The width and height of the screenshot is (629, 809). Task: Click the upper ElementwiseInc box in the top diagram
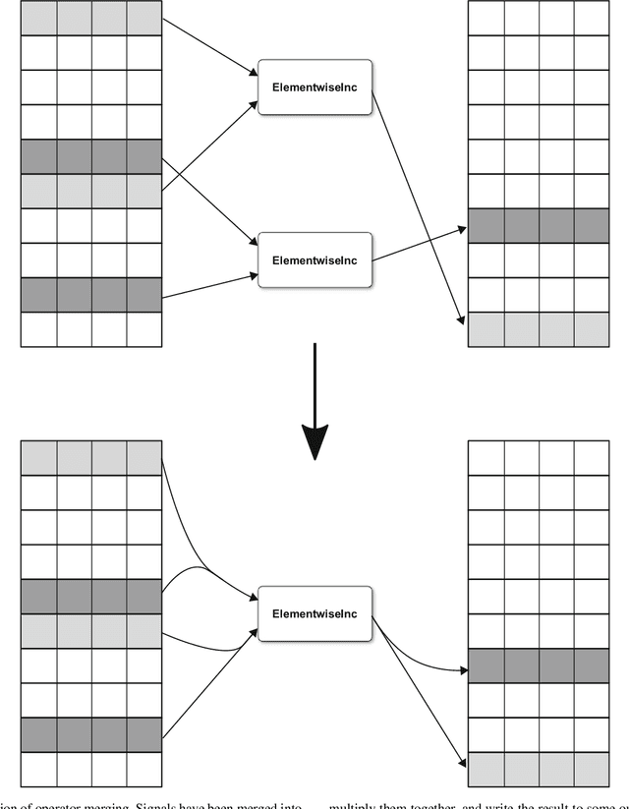point(314,87)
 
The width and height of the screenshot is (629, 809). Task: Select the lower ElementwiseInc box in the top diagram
point(314,260)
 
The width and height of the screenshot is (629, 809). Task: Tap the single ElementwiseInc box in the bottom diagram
point(314,614)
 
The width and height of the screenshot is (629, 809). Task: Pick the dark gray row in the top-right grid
point(538,225)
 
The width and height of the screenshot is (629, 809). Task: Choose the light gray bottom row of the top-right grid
point(538,330)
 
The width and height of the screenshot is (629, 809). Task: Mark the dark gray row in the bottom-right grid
point(538,666)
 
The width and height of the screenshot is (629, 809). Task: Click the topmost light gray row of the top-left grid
point(90,17)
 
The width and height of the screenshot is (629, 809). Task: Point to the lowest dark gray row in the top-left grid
point(90,294)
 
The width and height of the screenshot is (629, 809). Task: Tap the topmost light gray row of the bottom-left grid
point(90,457)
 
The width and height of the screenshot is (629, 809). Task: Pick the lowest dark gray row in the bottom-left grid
point(90,735)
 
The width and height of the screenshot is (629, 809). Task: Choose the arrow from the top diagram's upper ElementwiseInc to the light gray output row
point(418,206)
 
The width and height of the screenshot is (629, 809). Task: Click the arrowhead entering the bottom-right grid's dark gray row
point(459,671)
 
